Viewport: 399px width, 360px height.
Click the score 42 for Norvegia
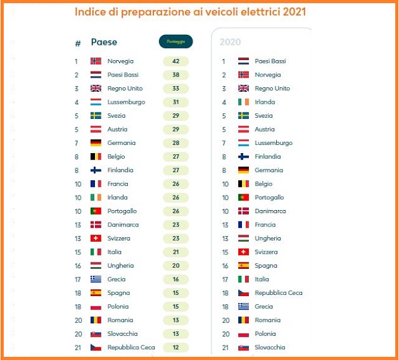[175, 61]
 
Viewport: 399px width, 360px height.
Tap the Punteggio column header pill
[175, 42]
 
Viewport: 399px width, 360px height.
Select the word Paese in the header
[104, 42]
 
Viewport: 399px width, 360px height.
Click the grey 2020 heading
[231, 42]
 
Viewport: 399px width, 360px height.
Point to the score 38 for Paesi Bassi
[175, 75]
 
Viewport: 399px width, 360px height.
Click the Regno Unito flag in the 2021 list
[96, 89]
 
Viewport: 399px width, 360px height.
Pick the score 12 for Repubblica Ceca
[175, 347]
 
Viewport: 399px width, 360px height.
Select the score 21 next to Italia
[175, 252]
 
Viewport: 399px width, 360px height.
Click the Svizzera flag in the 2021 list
[96, 239]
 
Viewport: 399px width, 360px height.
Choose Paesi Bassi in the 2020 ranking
[270, 61]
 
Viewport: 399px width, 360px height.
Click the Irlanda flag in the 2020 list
[243, 102]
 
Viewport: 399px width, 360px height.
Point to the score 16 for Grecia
[175, 279]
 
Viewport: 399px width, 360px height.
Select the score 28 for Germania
[175, 143]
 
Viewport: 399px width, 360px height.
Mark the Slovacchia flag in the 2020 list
[243, 347]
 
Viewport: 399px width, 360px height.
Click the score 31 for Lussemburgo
[175, 102]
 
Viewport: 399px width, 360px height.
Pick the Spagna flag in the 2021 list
[96, 293]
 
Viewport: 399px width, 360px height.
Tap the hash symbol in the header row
[78, 43]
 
